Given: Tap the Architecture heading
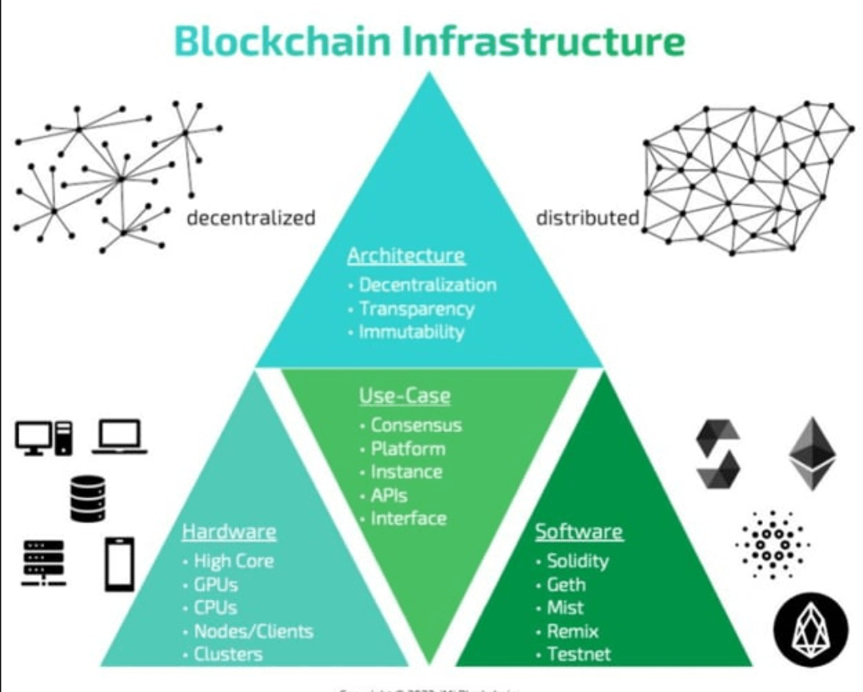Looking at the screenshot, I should [406, 256].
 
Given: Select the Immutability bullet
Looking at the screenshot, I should [411, 331].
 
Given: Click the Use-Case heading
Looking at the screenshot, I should [404, 395].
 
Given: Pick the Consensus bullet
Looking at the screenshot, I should [416, 425].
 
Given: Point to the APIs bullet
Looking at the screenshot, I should [389, 494].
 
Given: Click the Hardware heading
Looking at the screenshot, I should [229, 532].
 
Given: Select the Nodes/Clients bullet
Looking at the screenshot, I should [253, 630].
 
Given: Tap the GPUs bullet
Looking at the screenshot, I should [215, 584].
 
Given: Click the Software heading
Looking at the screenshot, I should [578, 532].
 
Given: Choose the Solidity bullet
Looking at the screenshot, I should [577, 561].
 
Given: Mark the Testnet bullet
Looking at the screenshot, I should [578, 654].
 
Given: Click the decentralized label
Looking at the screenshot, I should [251, 218].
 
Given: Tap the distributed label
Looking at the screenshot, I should [587, 218].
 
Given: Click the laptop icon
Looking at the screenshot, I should [120, 438].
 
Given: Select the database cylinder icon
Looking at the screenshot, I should [87, 498].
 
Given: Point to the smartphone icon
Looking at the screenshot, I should [120, 564].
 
